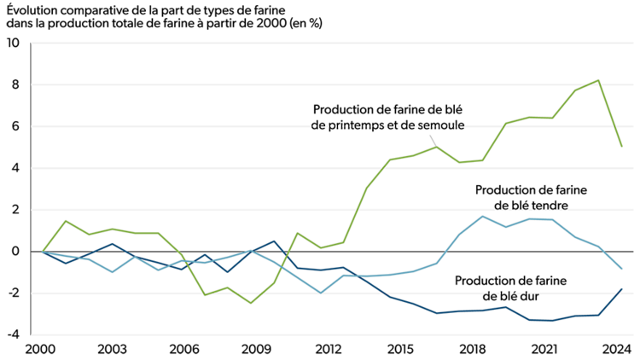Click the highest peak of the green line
tap(598, 80)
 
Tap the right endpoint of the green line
tap(622, 147)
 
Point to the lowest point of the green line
tap(251, 303)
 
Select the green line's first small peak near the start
tap(66, 221)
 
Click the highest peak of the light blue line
tap(483, 216)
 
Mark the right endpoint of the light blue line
tap(622, 269)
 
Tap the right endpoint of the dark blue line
tap(622, 289)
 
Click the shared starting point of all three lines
tap(43, 252)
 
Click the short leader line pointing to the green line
tap(432, 140)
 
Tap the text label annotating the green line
tap(388, 126)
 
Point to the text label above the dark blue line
tap(512, 295)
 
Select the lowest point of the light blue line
tap(320, 293)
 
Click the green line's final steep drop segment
tap(610, 113)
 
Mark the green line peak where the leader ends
tap(436, 147)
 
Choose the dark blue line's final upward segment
tap(610, 302)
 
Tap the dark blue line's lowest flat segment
tap(542, 320)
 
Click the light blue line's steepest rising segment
tap(448, 248)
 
